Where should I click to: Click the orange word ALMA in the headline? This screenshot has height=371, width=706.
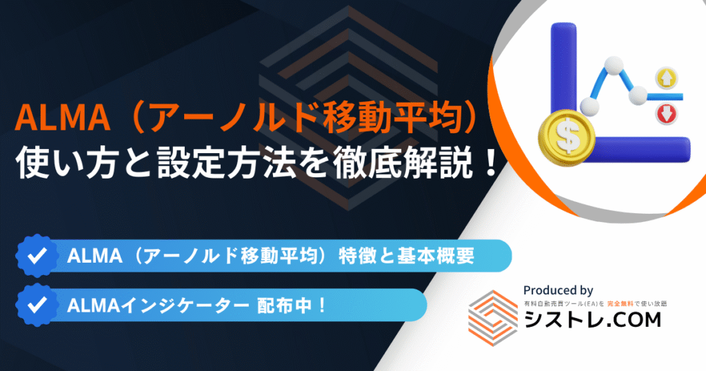click(63, 119)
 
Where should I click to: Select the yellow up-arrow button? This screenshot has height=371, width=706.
click(666, 78)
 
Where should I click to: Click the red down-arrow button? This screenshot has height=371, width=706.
click(667, 114)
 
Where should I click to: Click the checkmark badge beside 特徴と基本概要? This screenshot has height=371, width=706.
click(37, 256)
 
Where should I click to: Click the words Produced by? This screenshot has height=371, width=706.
click(558, 290)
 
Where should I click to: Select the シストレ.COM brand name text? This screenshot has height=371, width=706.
click(592, 320)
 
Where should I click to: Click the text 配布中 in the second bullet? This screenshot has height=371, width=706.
click(284, 305)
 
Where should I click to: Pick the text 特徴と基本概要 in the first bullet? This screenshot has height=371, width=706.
click(407, 256)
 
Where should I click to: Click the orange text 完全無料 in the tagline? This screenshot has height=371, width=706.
click(620, 304)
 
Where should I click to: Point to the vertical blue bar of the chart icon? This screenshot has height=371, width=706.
click(563, 72)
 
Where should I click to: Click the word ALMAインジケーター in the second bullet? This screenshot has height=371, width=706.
click(158, 305)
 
